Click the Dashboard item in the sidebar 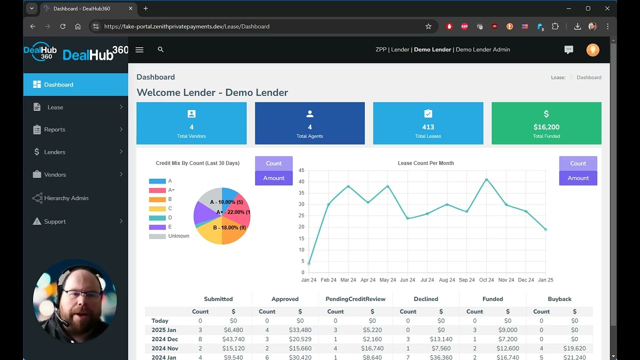click(x=58, y=84)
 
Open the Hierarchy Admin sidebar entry click(x=66, y=198)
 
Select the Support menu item click(x=54, y=221)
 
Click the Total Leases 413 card click(x=428, y=123)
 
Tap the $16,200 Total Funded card click(x=546, y=123)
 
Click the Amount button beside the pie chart click(x=273, y=178)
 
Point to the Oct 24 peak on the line click(x=486, y=179)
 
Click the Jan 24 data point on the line click(x=309, y=263)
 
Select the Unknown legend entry click(x=178, y=236)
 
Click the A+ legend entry click(x=171, y=190)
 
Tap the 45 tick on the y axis click(x=301, y=170)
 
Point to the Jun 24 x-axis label click(x=407, y=280)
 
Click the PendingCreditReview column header click(x=355, y=299)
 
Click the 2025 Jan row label click(x=164, y=330)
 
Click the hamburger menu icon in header click(x=139, y=49)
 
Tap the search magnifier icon click(x=160, y=49)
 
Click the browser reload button click(x=62, y=26)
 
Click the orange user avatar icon click(x=592, y=49)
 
